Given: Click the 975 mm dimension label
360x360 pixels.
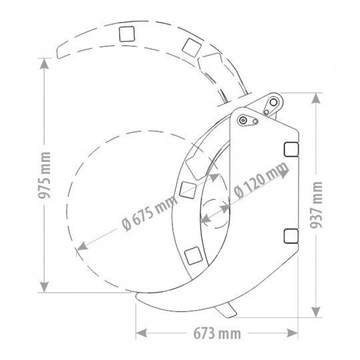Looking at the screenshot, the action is tap(44, 175).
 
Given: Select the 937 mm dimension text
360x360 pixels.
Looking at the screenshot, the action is tap(316, 205).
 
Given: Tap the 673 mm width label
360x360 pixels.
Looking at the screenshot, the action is tap(217, 333).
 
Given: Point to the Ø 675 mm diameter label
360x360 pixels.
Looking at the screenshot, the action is tap(150, 213).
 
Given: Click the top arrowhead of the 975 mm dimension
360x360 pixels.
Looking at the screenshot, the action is tap(44, 63).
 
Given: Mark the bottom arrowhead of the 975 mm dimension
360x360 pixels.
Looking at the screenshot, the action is tap(44, 287).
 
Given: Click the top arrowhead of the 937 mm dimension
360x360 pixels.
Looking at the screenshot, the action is tap(316, 98).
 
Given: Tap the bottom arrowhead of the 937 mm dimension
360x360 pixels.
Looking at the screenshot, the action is tap(316, 312).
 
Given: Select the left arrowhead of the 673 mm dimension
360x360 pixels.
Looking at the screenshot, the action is tap(141, 333).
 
